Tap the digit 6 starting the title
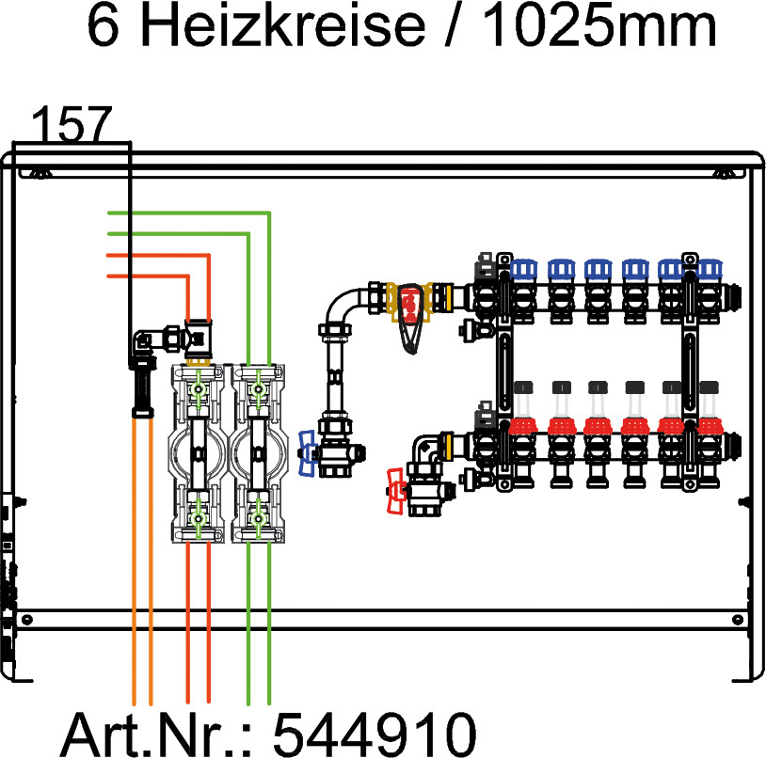point(105,27)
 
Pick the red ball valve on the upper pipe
point(410,306)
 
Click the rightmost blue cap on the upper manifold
point(708,270)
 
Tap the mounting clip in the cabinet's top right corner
point(726,171)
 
